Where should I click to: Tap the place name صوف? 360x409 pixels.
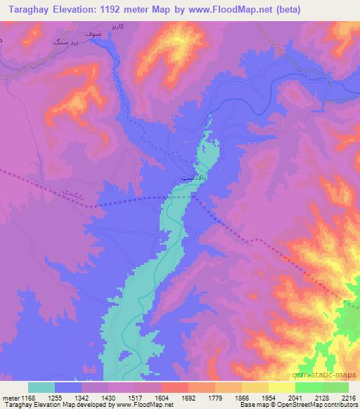tap(93, 33)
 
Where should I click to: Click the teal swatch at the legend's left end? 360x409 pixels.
tap(41, 387)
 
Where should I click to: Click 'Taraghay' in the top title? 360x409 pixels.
tap(25, 9)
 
